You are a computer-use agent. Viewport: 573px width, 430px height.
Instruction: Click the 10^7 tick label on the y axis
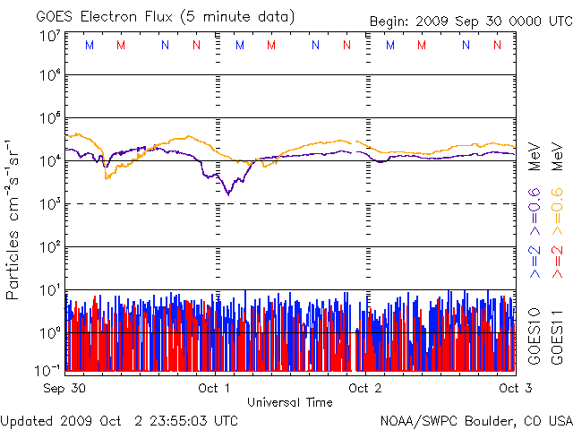(50, 36)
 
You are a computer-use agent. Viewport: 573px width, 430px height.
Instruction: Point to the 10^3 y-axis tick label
(50, 204)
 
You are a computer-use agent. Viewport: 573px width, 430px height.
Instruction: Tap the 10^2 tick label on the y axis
(50, 246)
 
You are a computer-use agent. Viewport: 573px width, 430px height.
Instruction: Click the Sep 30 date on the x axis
(64, 388)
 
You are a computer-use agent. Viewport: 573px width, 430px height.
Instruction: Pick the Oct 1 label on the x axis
(214, 388)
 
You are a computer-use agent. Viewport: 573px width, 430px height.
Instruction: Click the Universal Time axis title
(289, 402)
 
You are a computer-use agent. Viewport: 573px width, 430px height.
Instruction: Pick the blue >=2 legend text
(535, 257)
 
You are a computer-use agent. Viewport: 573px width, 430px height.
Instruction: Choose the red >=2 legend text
(555, 257)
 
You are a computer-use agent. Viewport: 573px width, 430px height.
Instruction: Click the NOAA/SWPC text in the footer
(415, 420)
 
